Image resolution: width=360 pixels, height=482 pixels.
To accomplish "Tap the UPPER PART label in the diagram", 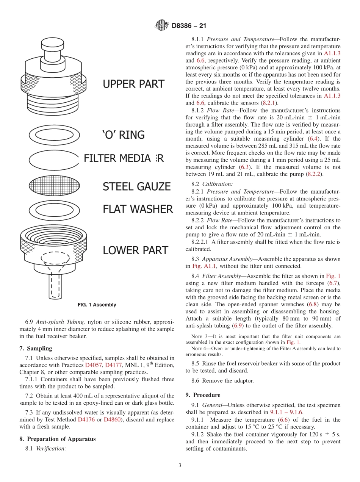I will click(134, 84).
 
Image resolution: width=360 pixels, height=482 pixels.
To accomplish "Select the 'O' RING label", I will click(124, 135).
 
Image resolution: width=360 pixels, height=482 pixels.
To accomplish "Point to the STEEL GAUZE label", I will click(136, 186).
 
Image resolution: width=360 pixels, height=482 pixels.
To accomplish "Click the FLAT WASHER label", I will click(138, 209).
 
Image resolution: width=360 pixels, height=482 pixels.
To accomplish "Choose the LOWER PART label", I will click(135, 250).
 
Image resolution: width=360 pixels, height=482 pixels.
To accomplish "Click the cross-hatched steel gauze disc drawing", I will click(55, 186).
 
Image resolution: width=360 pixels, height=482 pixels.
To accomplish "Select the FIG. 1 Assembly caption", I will click(97, 305).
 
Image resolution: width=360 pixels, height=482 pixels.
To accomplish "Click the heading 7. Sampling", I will click(36, 348).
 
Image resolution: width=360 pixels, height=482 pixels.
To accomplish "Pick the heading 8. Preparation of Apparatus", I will click(57, 439).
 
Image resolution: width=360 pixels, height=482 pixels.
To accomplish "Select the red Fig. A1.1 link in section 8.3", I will click(204, 266).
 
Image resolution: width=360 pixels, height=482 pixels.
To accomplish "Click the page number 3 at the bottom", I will click(180, 465).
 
